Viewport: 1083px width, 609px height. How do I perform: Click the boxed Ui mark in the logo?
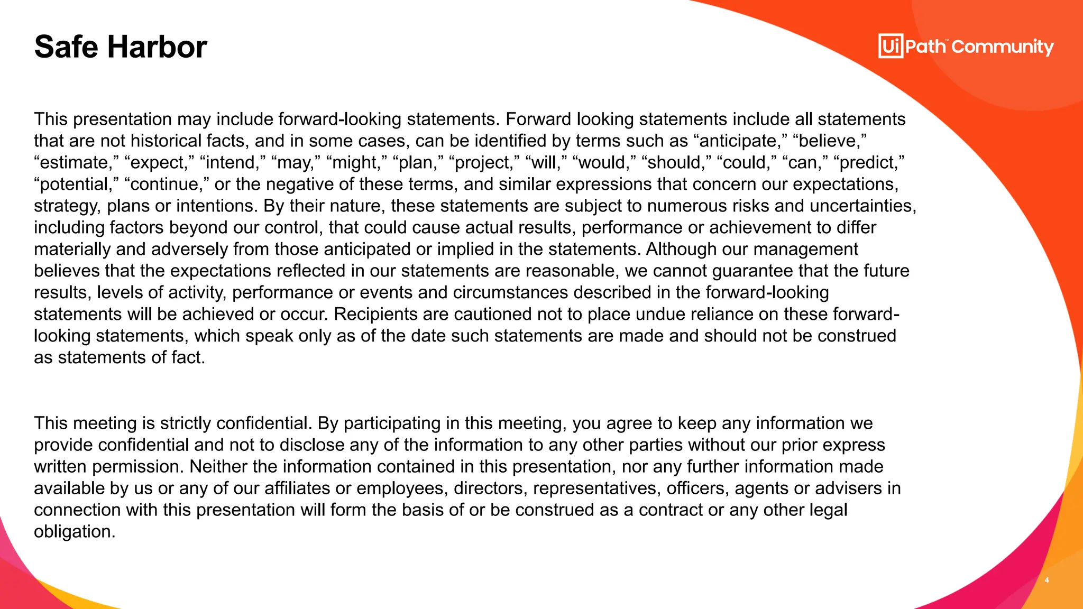click(x=891, y=47)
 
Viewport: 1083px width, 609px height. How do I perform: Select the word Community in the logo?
click(x=1003, y=47)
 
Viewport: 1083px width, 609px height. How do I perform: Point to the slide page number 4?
click(x=1047, y=580)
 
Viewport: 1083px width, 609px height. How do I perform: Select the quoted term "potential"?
click(x=76, y=184)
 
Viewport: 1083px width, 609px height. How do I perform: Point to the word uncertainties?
click(x=862, y=206)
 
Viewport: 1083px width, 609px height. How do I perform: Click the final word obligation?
click(x=74, y=531)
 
